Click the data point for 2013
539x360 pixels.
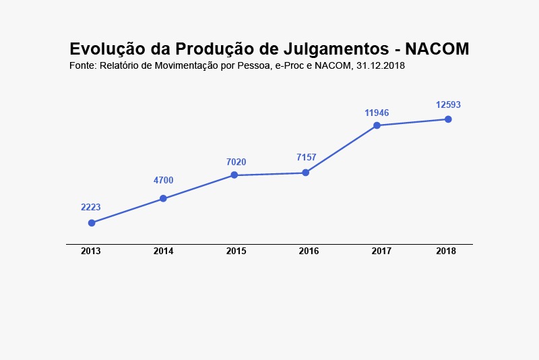coord(92,223)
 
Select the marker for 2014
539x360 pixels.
coord(163,198)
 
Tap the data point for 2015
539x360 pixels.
coord(234,175)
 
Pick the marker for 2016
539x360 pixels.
coord(306,173)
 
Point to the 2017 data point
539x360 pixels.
coord(377,125)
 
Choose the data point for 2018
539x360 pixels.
coord(448,119)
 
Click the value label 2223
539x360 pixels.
coord(91,207)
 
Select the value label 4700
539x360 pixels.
coord(163,180)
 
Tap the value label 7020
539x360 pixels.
coord(236,162)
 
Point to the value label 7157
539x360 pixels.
coord(307,157)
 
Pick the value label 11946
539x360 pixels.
coord(377,113)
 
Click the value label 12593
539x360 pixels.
coord(448,104)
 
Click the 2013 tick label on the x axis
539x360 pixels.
coord(91,251)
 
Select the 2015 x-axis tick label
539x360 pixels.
coord(236,251)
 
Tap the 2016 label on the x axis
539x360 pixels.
coord(309,251)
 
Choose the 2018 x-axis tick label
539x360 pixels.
coord(446,251)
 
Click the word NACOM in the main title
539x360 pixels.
coord(437,49)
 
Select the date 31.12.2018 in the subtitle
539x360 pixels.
coord(380,66)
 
